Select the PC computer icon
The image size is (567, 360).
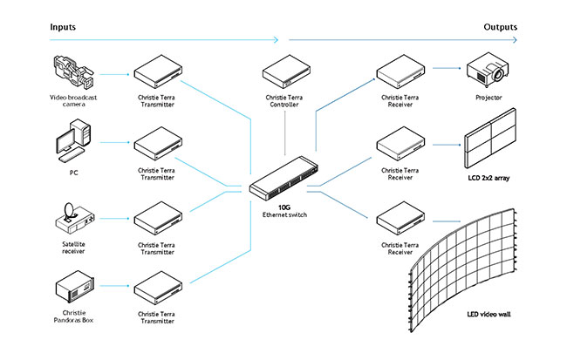(x=73, y=144)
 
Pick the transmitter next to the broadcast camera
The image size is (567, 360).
(x=156, y=71)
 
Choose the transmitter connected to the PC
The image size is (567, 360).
(x=156, y=143)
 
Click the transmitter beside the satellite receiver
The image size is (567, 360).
(x=156, y=215)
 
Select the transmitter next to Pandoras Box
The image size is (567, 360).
(x=156, y=286)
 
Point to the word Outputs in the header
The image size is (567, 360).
(x=500, y=27)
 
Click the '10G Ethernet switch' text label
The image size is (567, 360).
(x=283, y=209)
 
